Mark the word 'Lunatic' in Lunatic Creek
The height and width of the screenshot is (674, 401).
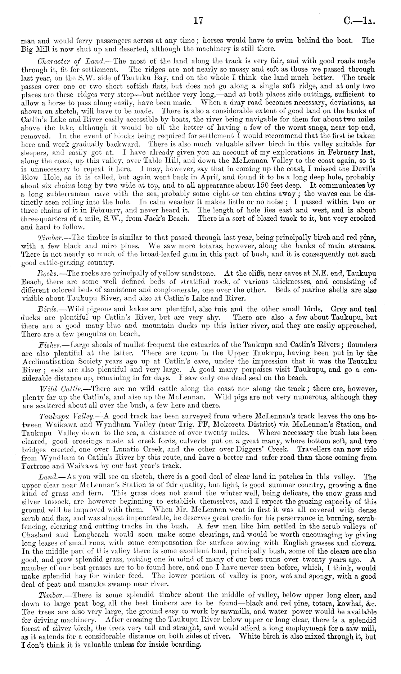pyautogui.click(x=113, y=450)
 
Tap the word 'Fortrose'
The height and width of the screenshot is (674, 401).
pyautogui.click(x=39, y=467)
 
